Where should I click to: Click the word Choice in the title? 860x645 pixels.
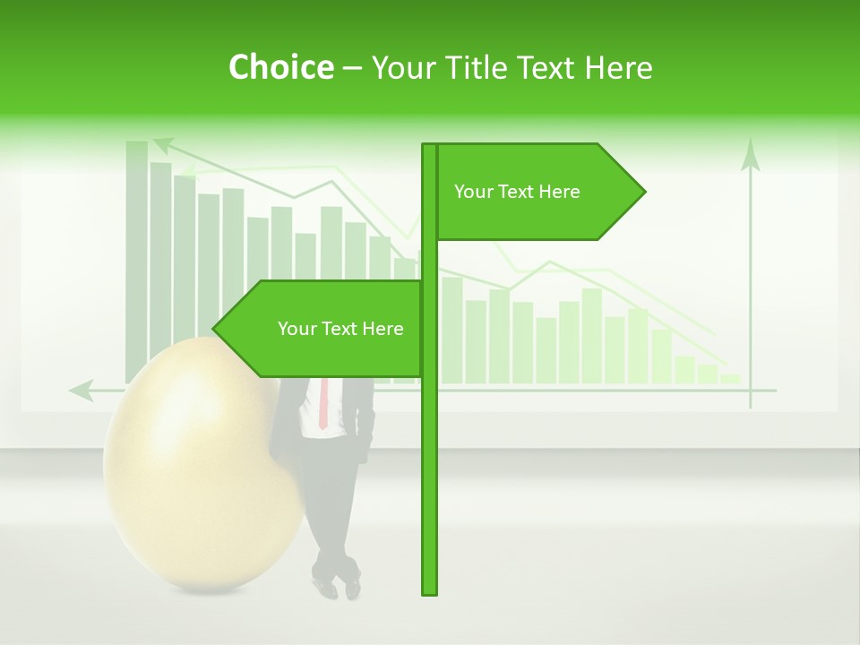[x=280, y=67]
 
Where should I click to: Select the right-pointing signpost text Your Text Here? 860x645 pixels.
[x=517, y=192]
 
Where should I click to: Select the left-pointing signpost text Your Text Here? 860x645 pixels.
[x=340, y=329]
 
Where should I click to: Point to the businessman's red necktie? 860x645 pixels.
[x=323, y=403]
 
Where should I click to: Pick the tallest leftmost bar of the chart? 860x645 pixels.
[x=137, y=260]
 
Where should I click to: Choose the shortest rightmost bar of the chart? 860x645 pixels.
[x=730, y=378]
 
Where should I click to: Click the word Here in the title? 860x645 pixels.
[x=620, y=68]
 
